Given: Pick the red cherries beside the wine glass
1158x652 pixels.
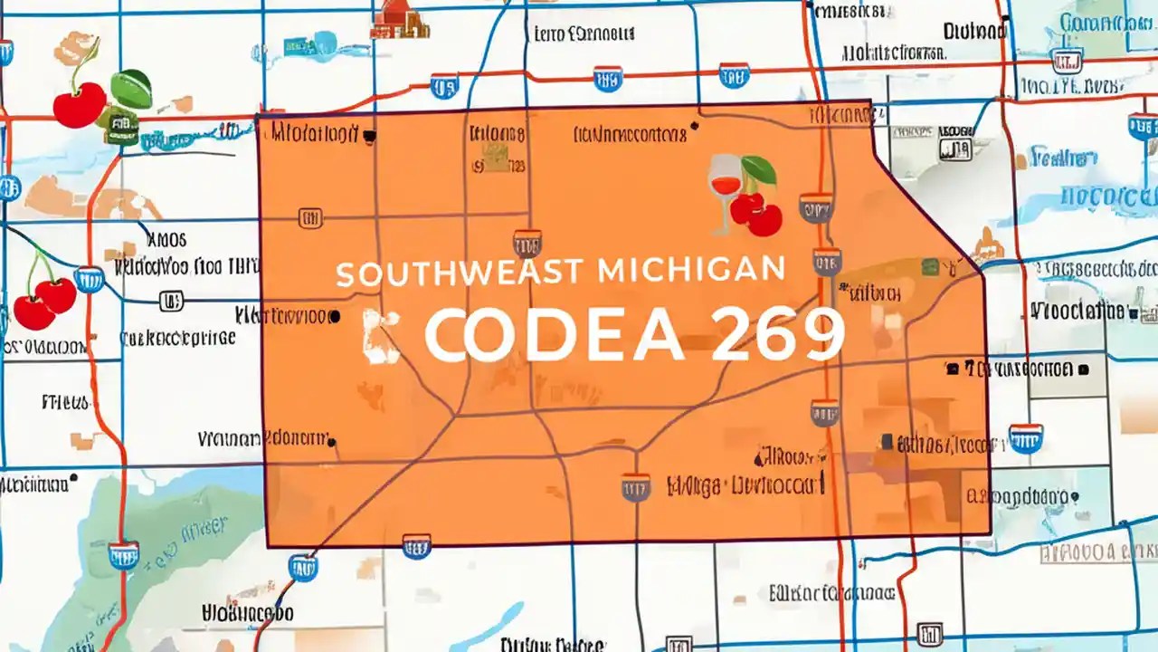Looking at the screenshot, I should coord(756,214).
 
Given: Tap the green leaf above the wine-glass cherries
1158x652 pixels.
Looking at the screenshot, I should coord(759,169).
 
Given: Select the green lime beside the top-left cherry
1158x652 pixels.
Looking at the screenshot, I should coord(131,88).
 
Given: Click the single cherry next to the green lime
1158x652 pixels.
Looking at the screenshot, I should coord(79,107).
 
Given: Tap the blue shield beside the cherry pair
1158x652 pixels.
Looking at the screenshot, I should coord(89,279).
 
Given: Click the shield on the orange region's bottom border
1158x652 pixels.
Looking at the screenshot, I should coord(416,545).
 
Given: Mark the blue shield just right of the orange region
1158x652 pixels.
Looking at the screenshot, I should coord(1026,438).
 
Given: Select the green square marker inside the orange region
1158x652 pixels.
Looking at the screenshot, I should coord(929,266).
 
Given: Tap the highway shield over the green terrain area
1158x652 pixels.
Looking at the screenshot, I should coord(123,555).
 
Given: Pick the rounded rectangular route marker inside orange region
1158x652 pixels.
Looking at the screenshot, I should coord(310,218).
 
